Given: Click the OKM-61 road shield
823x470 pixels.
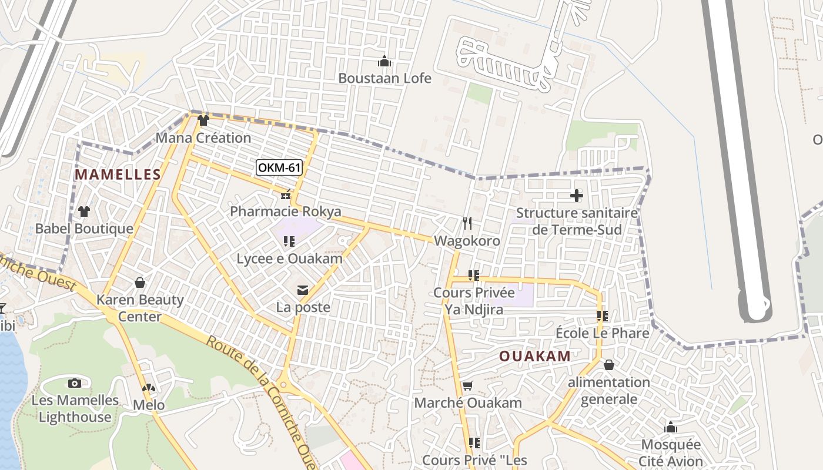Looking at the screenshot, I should click(279, 168).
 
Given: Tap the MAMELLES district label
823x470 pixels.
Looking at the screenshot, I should click(118, 174).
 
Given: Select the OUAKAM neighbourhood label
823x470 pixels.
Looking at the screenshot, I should click(535, 356).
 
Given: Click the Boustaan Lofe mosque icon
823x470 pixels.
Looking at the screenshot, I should click(384, 61).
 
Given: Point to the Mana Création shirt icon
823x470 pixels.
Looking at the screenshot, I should click(203, 120).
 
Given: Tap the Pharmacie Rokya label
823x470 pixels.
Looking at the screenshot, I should click(286, 211).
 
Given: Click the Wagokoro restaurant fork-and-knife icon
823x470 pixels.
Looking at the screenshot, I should click(467, 223).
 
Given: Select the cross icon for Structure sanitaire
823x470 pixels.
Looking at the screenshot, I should click(577, 196).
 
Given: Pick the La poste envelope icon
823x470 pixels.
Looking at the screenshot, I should click(303, 290).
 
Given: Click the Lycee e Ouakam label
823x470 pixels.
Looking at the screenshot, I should click(289, 259).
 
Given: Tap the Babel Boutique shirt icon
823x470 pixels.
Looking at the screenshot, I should click(84, 211).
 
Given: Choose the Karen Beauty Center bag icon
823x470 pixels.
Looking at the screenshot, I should click(140, 283).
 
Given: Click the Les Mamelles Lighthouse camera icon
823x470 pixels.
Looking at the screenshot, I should click(75, 383).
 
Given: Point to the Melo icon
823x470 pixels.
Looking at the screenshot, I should click(149, 388).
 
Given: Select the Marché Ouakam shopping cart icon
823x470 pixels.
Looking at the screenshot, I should click(468, 386).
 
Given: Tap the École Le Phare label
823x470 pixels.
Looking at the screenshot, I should click(603, 333).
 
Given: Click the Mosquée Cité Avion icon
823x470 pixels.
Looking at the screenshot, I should click(671, 427).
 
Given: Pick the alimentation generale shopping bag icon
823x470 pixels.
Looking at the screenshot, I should click(608, 365).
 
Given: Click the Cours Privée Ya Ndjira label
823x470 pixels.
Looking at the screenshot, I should click(474, 301).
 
